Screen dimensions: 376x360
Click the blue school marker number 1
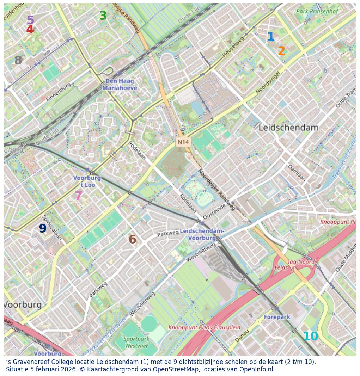tap(270, 37)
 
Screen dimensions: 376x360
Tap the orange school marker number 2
tap(281, 51)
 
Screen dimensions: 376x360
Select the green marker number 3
tap(103, 16)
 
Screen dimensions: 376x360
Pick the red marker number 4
tap(30, 30)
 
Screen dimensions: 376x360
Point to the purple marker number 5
tap(30, 20)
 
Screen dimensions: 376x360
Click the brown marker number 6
tap(132, 240)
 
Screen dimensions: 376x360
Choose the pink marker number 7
tap(78, 196)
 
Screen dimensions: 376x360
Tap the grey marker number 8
tap(18, 61)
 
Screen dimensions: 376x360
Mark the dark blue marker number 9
tap(43, 229)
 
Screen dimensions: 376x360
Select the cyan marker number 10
tap(310, 337)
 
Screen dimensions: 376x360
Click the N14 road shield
tap(183, 142)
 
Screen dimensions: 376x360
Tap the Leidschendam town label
tap(288, 128)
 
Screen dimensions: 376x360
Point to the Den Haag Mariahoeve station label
tap(120, 85)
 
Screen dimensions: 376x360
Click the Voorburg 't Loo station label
tap(87, 181)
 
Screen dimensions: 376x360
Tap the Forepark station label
tap(277, 317)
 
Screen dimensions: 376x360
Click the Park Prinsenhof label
tap(317, 11)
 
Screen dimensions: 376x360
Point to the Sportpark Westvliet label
tap(136, 342)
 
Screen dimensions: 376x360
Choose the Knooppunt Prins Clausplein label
tap(204, 327)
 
